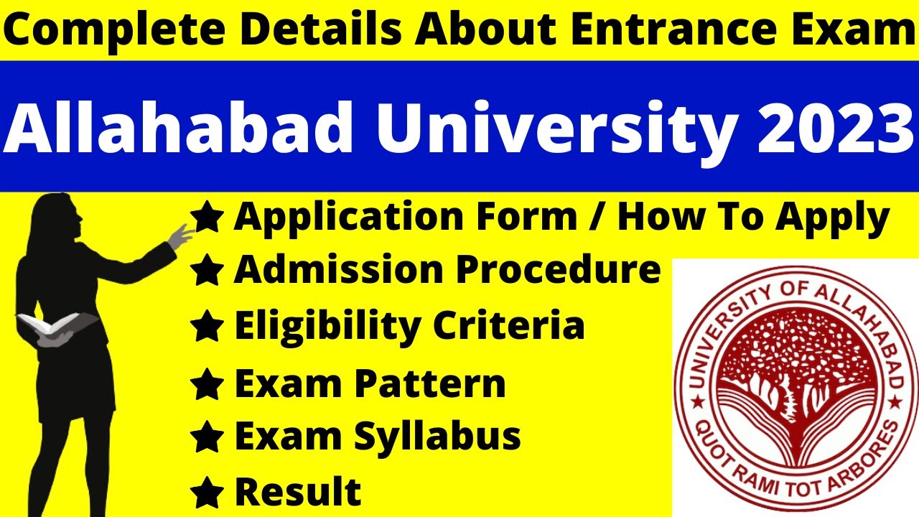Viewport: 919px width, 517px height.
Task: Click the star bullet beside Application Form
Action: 207,218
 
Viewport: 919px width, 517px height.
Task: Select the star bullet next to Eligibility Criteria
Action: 207,327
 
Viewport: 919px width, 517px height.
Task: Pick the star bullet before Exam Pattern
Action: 207,386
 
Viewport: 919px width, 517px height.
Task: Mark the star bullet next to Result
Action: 207,493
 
